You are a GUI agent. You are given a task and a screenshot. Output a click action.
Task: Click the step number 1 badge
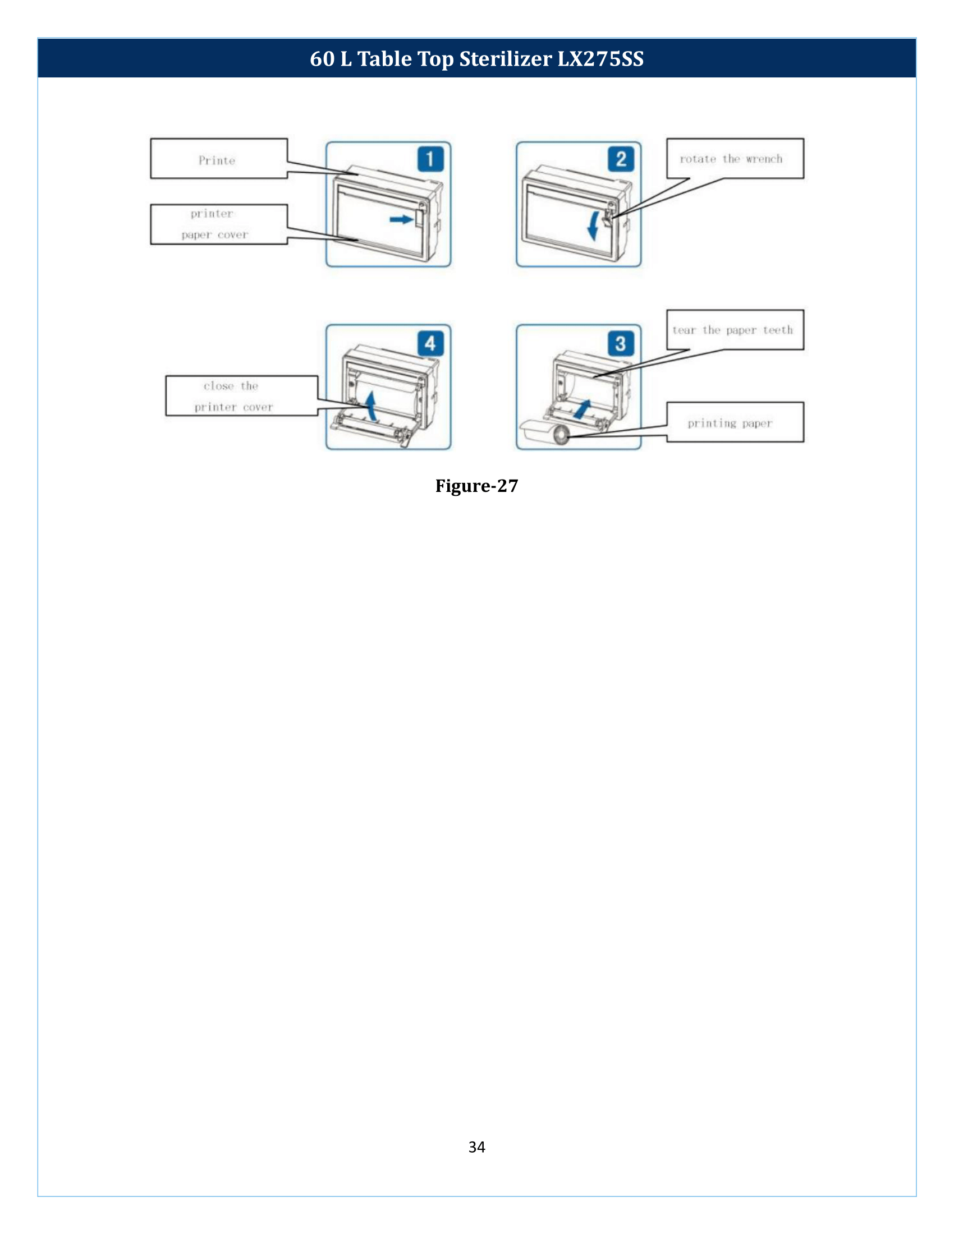pyautogui.click(x=430, y=159)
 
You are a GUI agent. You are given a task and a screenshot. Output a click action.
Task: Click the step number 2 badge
pyautogui.click(x=621, y=159)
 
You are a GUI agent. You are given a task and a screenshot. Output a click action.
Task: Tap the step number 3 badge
pyautogui.click(x=621, y=343)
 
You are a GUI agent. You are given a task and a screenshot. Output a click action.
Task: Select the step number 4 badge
pyautogui.click(x=430, y=343)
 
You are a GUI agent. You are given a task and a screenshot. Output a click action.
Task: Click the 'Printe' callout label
pyautogui.click(x=217, y=160)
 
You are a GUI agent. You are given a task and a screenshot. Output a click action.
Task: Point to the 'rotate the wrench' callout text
pyautogui.click(x=731, y=159)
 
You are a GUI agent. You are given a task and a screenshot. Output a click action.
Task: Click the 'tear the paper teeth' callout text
pyautogui.click(x=732, y=330)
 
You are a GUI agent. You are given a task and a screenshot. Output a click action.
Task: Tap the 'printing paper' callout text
pyautogui.click(x=730, y=423)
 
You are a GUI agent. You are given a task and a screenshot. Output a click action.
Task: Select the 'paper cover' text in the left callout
pyautogui.click(x=215, y=234)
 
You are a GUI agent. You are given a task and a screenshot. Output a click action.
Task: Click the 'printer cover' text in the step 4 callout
pyautogui.click(x=233, y=407)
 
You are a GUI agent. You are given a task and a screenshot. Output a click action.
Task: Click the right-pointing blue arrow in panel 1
pyautogui.click(x=401, y=219)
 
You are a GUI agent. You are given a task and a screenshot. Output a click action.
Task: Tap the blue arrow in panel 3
pyautogui.click(x=582, y=409)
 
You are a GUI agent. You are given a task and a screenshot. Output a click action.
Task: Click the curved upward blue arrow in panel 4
pyautogui.click(x=370, y=406)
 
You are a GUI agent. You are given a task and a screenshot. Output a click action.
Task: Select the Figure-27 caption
pyautogui.click(x=476, y=486)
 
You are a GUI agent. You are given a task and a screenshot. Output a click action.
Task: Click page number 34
pyautogui.click(x=476, y=1146)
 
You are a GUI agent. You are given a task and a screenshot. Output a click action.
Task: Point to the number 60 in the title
pyautogui.click(x=322, y=59)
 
